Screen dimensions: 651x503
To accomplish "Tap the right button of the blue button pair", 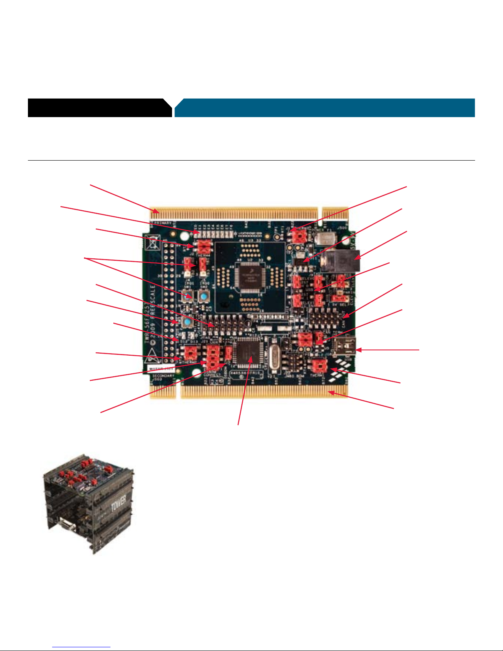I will point(204,296).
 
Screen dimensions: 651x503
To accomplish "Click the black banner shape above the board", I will point(99,108).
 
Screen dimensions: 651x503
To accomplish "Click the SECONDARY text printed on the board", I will point(163,376).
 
